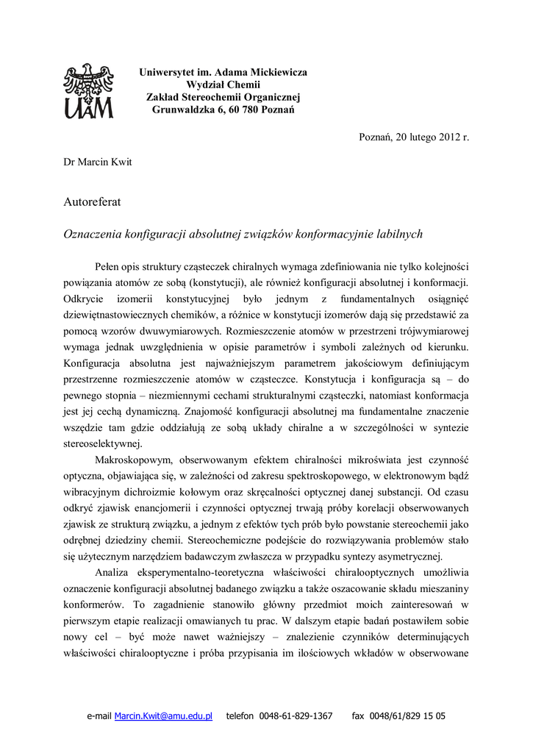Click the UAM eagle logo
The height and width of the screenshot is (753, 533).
[x=88, y=91]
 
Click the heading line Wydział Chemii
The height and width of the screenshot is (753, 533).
[x=223, y=85]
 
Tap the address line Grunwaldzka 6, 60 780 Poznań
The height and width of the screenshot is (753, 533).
[x=223, y=110]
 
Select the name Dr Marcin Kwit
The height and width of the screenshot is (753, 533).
[x=98, y=162]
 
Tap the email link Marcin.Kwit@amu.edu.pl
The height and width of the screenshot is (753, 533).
[x=163, y=715]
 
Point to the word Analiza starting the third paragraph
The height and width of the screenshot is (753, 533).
[x=113, y=572]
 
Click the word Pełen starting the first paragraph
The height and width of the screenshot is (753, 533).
[x=109, y=266]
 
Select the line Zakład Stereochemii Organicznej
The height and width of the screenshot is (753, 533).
[x=223, y=98]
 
